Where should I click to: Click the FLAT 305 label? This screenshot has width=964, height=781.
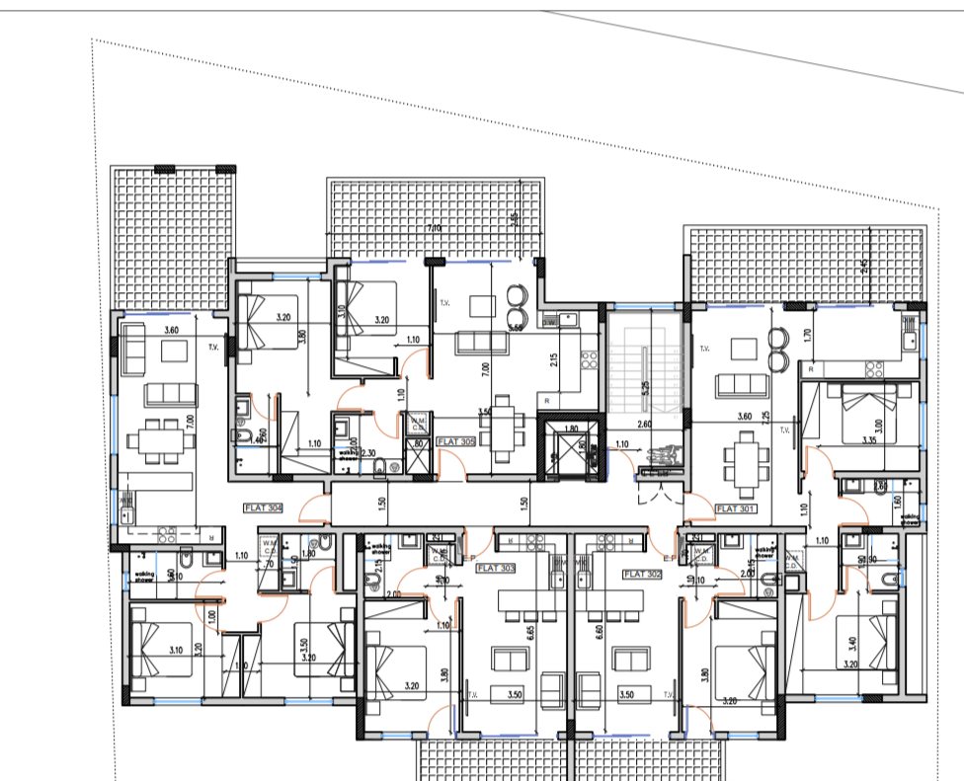456,442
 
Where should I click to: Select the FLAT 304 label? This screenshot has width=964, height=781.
264,508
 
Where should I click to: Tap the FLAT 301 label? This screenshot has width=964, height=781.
734,508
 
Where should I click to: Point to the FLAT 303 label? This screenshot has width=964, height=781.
495,568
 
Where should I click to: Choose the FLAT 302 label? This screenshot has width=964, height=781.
641,572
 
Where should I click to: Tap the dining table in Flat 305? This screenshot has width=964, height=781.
505,426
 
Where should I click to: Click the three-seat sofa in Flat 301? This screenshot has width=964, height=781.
737,384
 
